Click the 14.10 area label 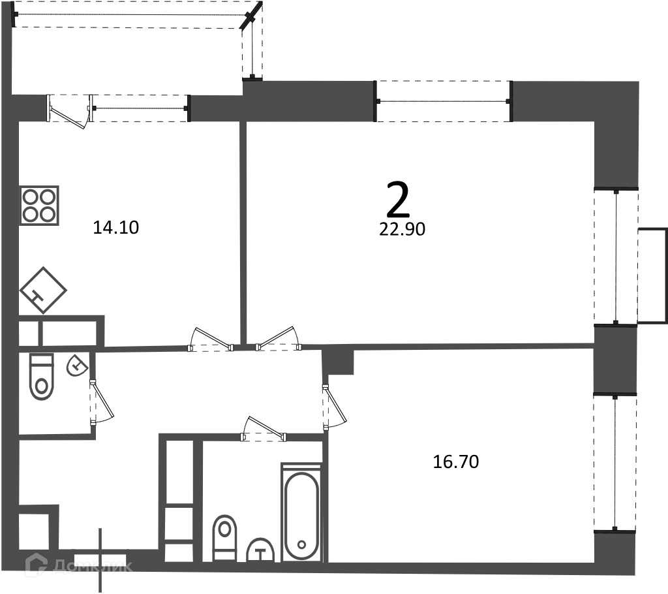pyautogui.click(x=116, y=228)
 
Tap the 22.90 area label pyautogui.click(x=402, y=229)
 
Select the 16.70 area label pyautogui.click(x=456, y=461)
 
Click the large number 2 pyautogui.click(x=398, y=200)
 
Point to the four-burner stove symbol pyautogui.click(x=39, y=206)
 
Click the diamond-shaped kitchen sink pyautogui.click(x=43, y=290)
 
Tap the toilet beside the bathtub pyautogui.click(x=224, y=538)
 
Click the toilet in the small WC pyautogui.click(x=42, y=377)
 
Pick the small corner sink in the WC pyautogui.click(x=77, y=365)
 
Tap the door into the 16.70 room pyautogui.click(x=335, y=407)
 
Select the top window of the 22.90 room pyautogui.click(x=443, y=101)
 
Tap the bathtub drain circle pyautogui.click(x=301, y=544)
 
